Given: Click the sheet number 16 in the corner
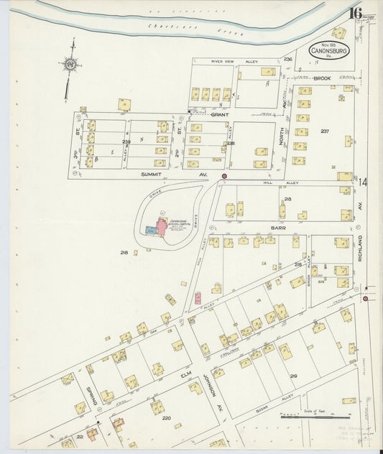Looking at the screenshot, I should (355, 12).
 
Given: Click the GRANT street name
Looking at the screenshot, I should (218, 114).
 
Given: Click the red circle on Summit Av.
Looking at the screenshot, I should (224, 176).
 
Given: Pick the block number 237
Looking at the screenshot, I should (325, 131).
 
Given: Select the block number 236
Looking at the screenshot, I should (288, 58).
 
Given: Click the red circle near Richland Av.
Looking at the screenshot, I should (366, 298).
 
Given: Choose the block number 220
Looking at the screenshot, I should (166, 418).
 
